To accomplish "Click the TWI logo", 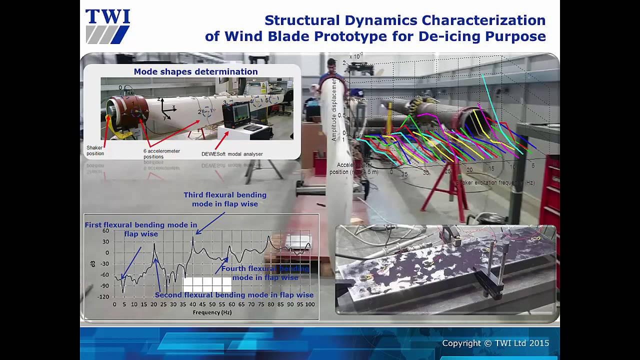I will click(x=107, y=26).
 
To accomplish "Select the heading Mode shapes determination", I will click(x=195, y=71).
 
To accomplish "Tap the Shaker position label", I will click(x=95, y=150).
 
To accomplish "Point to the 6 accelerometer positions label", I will click(x=161, y=153).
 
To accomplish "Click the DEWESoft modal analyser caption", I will click(x=232, y=154).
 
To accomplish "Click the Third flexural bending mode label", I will click(x=225, y=199).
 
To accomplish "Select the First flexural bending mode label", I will click(x=140, y=229).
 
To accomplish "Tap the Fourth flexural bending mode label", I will click(x=265, y=273).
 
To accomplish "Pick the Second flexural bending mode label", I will click(x=234, y=295).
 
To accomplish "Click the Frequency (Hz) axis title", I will click(x=212, y=312).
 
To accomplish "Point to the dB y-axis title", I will click(x=92, y=263).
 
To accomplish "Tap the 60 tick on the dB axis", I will click(x=105, y=230).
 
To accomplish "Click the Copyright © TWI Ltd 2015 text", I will click(x=495, y=343).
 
